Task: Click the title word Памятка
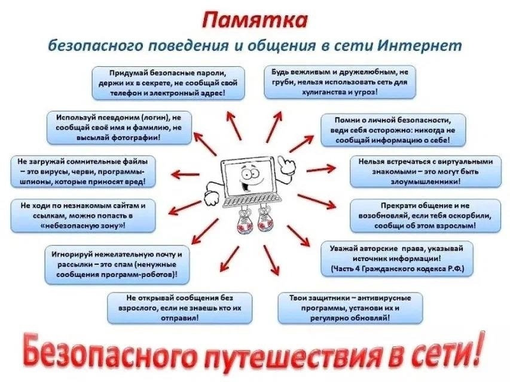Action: (255, 20)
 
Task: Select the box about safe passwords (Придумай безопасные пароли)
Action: (168, 83)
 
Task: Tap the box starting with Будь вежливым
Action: (340, 82)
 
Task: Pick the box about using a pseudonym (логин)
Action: (119, 128)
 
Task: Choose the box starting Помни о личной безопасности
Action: (393, 130)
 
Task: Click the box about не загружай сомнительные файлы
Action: (83, 171)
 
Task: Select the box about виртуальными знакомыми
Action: (426, 171)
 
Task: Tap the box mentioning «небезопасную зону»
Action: (83, 215)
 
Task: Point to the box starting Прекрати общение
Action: (426, 215)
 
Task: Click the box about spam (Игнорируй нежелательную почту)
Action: (117, 265)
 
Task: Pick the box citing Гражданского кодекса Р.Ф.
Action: (397, 258)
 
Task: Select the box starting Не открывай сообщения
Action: (179, 308)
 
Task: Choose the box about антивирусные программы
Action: (350, 308)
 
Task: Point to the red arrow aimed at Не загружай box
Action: (185, 174)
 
